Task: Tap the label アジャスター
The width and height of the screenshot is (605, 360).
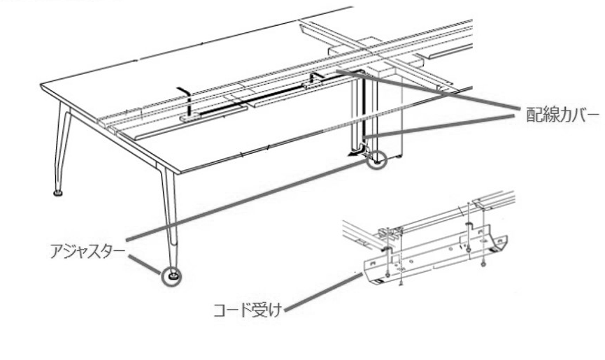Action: click(87, 252)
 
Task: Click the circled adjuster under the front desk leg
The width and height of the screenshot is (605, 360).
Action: click(171, 277)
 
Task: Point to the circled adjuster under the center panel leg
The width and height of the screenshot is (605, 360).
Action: click(376, 159)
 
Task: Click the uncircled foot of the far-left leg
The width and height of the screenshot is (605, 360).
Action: click(58, 192)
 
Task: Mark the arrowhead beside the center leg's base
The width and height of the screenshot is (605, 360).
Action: click(352, 154)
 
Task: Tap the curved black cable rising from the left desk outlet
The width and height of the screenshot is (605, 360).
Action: click(186, 99)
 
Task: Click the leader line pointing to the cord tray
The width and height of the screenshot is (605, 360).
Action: click(324, 291)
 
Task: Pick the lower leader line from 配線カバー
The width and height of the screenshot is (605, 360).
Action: click(439, 126)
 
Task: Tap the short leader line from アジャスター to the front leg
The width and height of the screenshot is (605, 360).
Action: click(145, 264)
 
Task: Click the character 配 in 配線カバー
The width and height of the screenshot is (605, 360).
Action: click(534, 115)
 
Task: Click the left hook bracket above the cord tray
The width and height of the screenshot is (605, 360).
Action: click(387, 250)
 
